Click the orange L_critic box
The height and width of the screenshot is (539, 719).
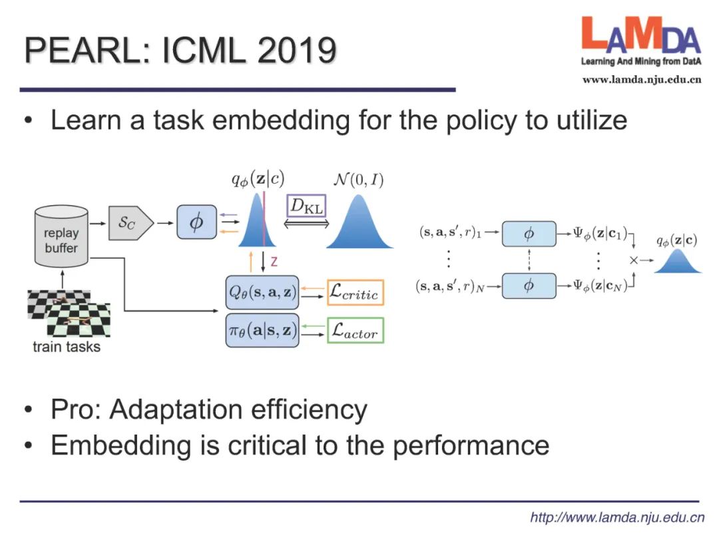(356, 293)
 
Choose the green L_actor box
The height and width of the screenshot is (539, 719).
(356, 331)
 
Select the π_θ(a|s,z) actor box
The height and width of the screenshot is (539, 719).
(262, 330)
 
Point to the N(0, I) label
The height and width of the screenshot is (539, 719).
(359, 180)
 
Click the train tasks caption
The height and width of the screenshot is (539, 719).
(67, 347)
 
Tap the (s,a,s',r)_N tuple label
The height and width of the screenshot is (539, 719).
(449, 287)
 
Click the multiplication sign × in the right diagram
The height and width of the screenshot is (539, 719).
(634, 260)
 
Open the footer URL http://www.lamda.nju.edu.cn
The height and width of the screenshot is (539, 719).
(616, 517)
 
